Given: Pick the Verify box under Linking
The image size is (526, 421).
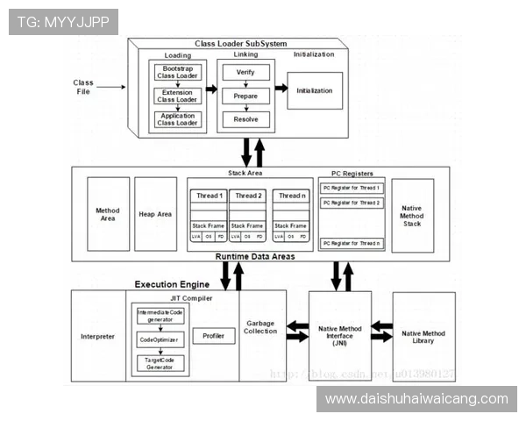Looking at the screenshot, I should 245,73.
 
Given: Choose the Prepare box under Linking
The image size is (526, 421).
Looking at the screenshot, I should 245,96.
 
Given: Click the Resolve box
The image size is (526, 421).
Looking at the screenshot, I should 245,118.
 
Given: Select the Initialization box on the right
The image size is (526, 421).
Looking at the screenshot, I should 315,90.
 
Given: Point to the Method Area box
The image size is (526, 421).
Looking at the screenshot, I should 108,214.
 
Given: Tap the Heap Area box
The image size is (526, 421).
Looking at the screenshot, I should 155,214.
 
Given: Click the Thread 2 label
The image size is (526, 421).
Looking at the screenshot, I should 248,196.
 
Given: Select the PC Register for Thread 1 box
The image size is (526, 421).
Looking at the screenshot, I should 351,189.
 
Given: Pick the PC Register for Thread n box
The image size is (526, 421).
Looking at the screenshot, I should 351,243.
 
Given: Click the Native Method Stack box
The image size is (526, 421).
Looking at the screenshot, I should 412,215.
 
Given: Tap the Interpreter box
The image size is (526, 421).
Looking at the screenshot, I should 97,337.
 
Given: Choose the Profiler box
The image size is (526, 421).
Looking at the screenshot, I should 213,336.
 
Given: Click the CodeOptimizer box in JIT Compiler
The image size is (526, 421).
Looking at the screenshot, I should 160,339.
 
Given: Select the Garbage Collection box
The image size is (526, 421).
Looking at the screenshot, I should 261,326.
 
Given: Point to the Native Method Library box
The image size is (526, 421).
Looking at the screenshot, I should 423,337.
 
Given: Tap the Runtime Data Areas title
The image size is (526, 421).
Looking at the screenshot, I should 254,256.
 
